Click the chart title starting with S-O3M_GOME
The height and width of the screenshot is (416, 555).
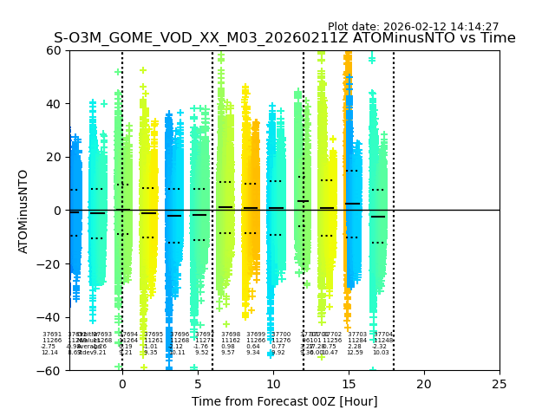[284, 38]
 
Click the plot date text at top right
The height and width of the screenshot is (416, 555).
[413, 27]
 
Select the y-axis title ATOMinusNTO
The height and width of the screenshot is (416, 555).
[23, 211]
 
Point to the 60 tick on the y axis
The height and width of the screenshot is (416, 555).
[55, 50]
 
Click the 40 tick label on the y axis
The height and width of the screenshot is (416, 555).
[55, 104]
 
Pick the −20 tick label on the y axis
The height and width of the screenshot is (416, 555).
[51, 264]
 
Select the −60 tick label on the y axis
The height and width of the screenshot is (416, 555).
[51, 371]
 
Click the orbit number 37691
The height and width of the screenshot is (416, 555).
[52, 335]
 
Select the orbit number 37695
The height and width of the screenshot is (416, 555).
[153, 335]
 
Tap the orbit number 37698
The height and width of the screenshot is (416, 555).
[231, 335]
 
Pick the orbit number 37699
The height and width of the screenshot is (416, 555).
[256, 335]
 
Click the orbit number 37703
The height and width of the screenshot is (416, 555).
[357, 335]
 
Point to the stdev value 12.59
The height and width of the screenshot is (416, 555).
[355, 353]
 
